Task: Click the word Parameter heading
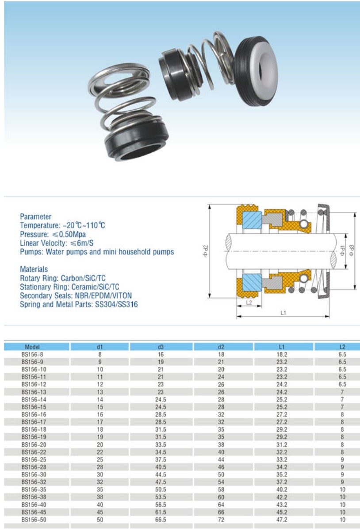[x=36, y=216]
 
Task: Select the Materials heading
[x=34, y=269]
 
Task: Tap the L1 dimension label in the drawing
[x=283, y=313]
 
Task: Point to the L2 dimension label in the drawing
[x=249, y=303]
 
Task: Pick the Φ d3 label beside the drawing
[x=352, y=251]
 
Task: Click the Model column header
[x=32, y=347]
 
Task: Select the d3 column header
[x=161, y=347]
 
